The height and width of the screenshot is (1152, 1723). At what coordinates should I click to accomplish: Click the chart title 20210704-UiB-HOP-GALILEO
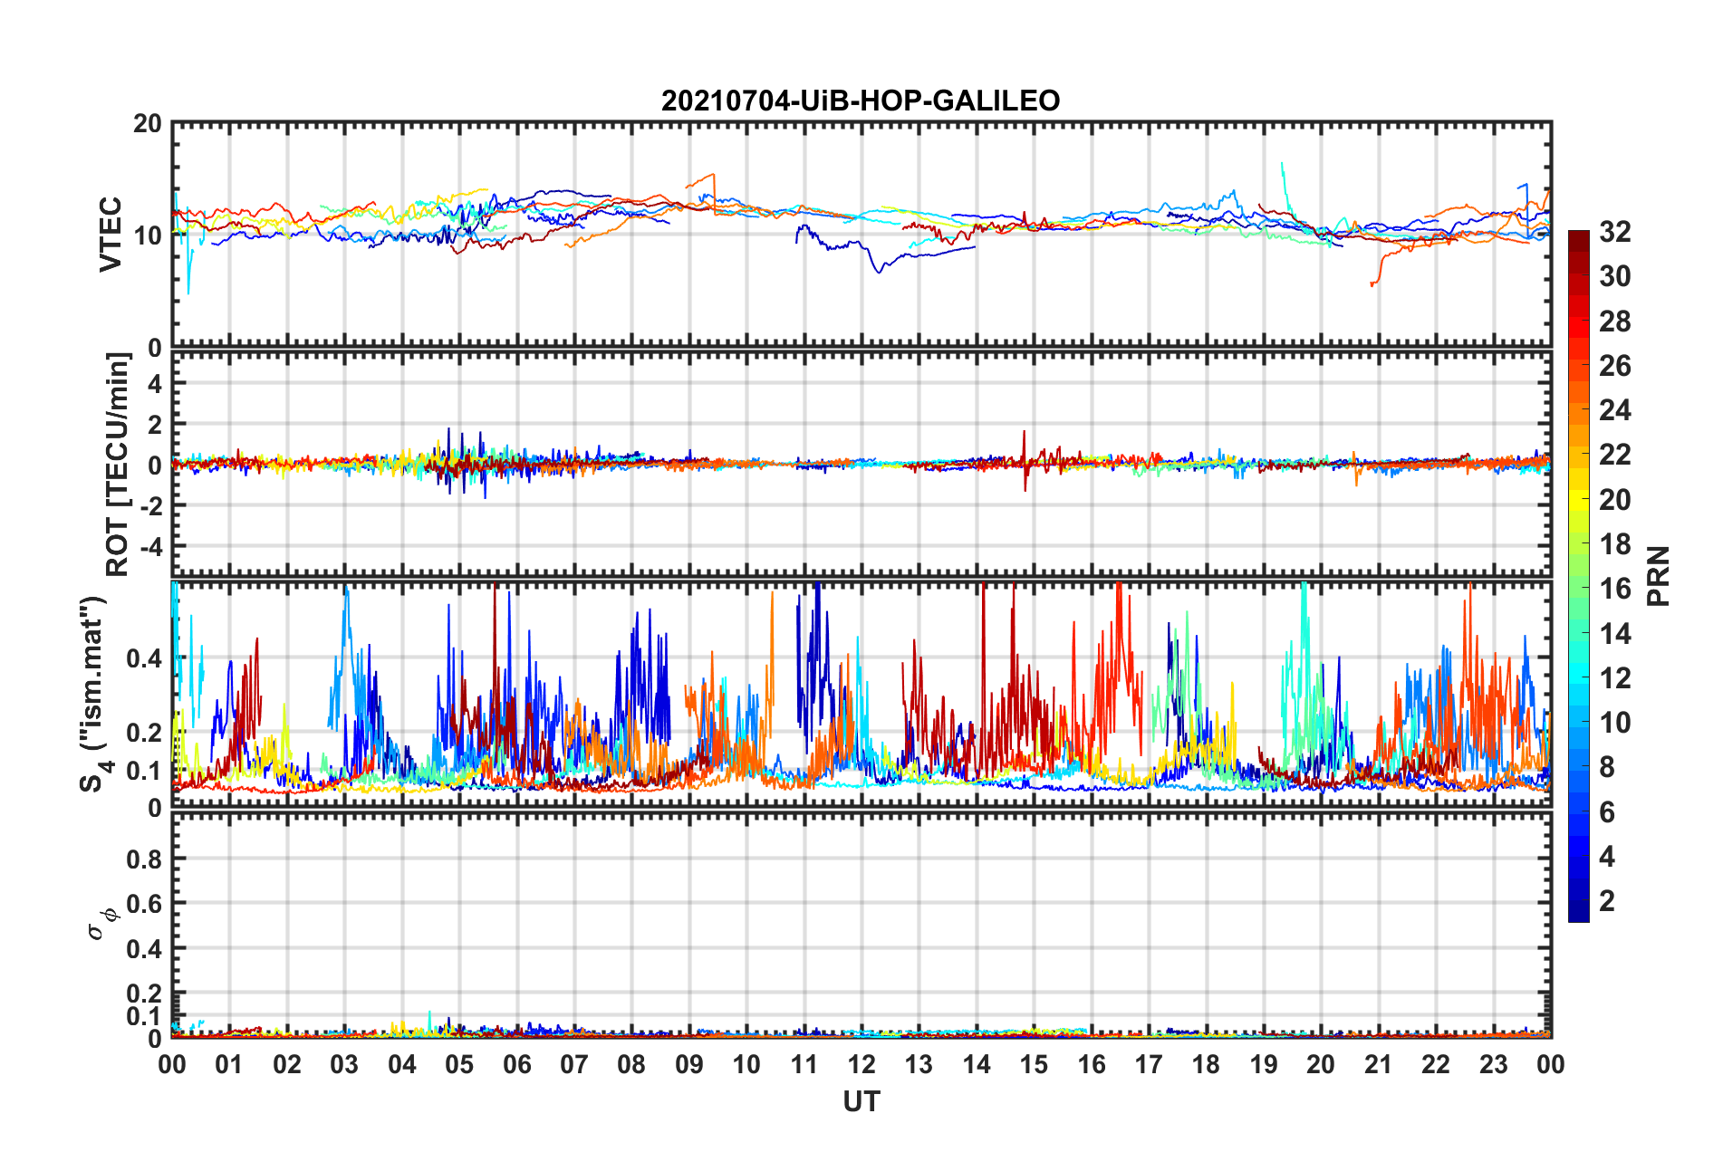[861, 101]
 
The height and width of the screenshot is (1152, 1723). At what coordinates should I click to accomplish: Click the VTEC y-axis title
[110, 234]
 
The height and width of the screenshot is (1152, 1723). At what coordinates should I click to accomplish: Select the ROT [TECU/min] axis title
[118, 465]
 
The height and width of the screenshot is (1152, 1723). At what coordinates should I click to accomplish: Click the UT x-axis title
[861, 1101]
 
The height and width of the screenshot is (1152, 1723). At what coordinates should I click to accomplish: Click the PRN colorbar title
[1658, 576]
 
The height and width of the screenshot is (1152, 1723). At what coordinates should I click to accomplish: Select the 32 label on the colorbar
[1614, 232]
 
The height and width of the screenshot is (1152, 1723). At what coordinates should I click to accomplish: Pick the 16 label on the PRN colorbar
[1614, 589]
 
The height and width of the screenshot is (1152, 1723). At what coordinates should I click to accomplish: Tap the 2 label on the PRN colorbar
[1607, 901]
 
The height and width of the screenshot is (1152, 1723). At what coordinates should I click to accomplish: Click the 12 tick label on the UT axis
[861, 1064]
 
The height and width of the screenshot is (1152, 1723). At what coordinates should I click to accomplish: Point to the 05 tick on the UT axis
[459, 1064]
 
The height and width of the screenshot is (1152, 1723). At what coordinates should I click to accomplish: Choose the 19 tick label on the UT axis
[1264, 1064]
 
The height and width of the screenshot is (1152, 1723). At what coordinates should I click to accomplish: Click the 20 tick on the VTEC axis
[148, 124]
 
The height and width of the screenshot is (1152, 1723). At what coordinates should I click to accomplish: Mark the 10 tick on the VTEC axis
[148, 235]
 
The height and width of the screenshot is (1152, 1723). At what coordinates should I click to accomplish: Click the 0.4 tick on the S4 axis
[145, 658]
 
